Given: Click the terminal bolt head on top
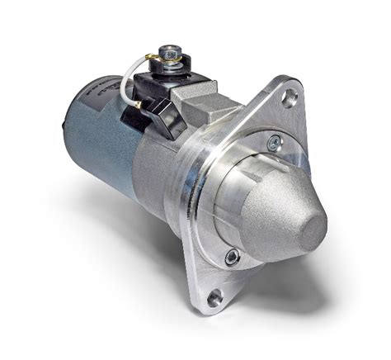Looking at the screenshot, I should (x=171, y=51).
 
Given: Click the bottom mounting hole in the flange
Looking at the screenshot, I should (x=216, y=296).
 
